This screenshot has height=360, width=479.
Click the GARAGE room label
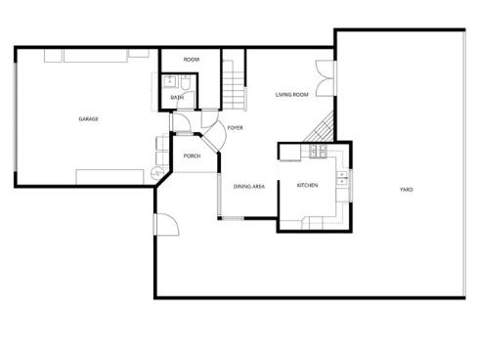click(x=88, y=119)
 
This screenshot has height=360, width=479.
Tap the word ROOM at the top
click(x=192, y=60)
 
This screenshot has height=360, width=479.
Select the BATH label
click(x=177, y=97)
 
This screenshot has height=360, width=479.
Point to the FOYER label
click(x=235, y=128)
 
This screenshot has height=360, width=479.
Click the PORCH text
click(x=193, y=156)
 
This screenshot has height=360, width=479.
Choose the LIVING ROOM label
click(x=291, y=95)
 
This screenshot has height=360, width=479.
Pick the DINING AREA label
click(x=249, y=186)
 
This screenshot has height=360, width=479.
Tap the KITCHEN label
click(x=308, y=185)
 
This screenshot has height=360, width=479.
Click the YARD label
click(x=405, y=189)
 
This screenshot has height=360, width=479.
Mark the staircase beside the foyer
click(x=232, y=83)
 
